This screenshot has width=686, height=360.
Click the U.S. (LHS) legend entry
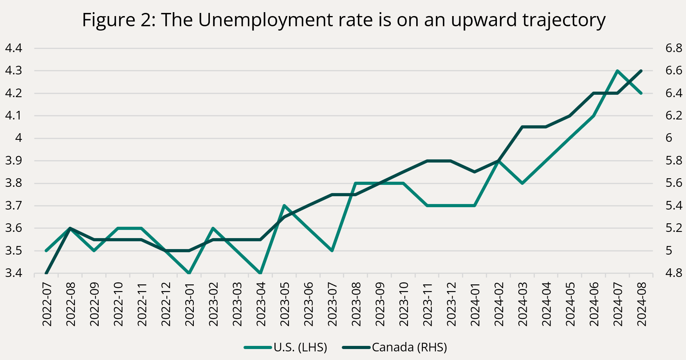click(300, 347)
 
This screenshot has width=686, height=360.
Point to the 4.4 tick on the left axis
click(13, 49)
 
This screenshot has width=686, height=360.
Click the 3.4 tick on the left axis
click(13, 273)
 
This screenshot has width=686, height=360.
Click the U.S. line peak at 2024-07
click(617, 71)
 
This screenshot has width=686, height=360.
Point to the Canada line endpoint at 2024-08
click(641, 71)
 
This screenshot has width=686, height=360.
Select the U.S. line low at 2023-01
click(189, 273)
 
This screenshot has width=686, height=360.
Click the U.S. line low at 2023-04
click(260, 273)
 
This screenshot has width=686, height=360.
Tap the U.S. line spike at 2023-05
click(284, 205)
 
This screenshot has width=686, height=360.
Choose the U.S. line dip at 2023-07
click(332, 250)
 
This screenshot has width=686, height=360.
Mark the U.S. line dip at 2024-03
click(522, 183)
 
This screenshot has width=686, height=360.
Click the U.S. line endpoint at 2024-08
click(641, 93)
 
